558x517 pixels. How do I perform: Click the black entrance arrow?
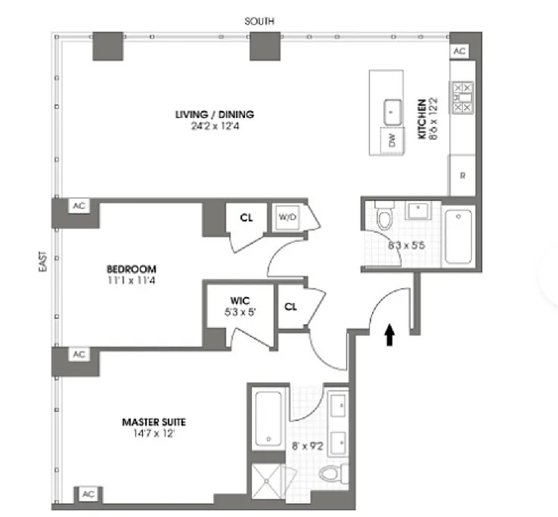(390, 335)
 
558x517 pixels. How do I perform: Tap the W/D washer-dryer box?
(287, 217)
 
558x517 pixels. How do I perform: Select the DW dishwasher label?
(392, 140)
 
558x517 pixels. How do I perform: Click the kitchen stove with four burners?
(463, 98)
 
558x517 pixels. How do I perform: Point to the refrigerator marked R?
(462, 175)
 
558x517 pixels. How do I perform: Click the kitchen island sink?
(392, 112)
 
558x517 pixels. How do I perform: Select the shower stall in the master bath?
(267, 481)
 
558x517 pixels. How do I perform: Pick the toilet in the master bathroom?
(333, 474)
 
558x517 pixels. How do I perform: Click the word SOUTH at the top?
(259, 22)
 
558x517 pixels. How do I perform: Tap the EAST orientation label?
(42, 262)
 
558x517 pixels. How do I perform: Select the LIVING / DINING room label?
(215, 115)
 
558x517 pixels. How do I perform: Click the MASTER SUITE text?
(153, 423)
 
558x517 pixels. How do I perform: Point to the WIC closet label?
(240, 301)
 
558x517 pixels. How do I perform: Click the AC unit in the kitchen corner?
(459, 51)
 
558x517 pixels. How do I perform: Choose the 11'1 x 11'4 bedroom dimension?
(132, 280)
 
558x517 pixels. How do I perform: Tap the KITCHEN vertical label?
(422, 119)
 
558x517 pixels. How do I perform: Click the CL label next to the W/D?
(246, 218)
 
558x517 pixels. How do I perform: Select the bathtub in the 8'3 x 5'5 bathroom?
(458, 237)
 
